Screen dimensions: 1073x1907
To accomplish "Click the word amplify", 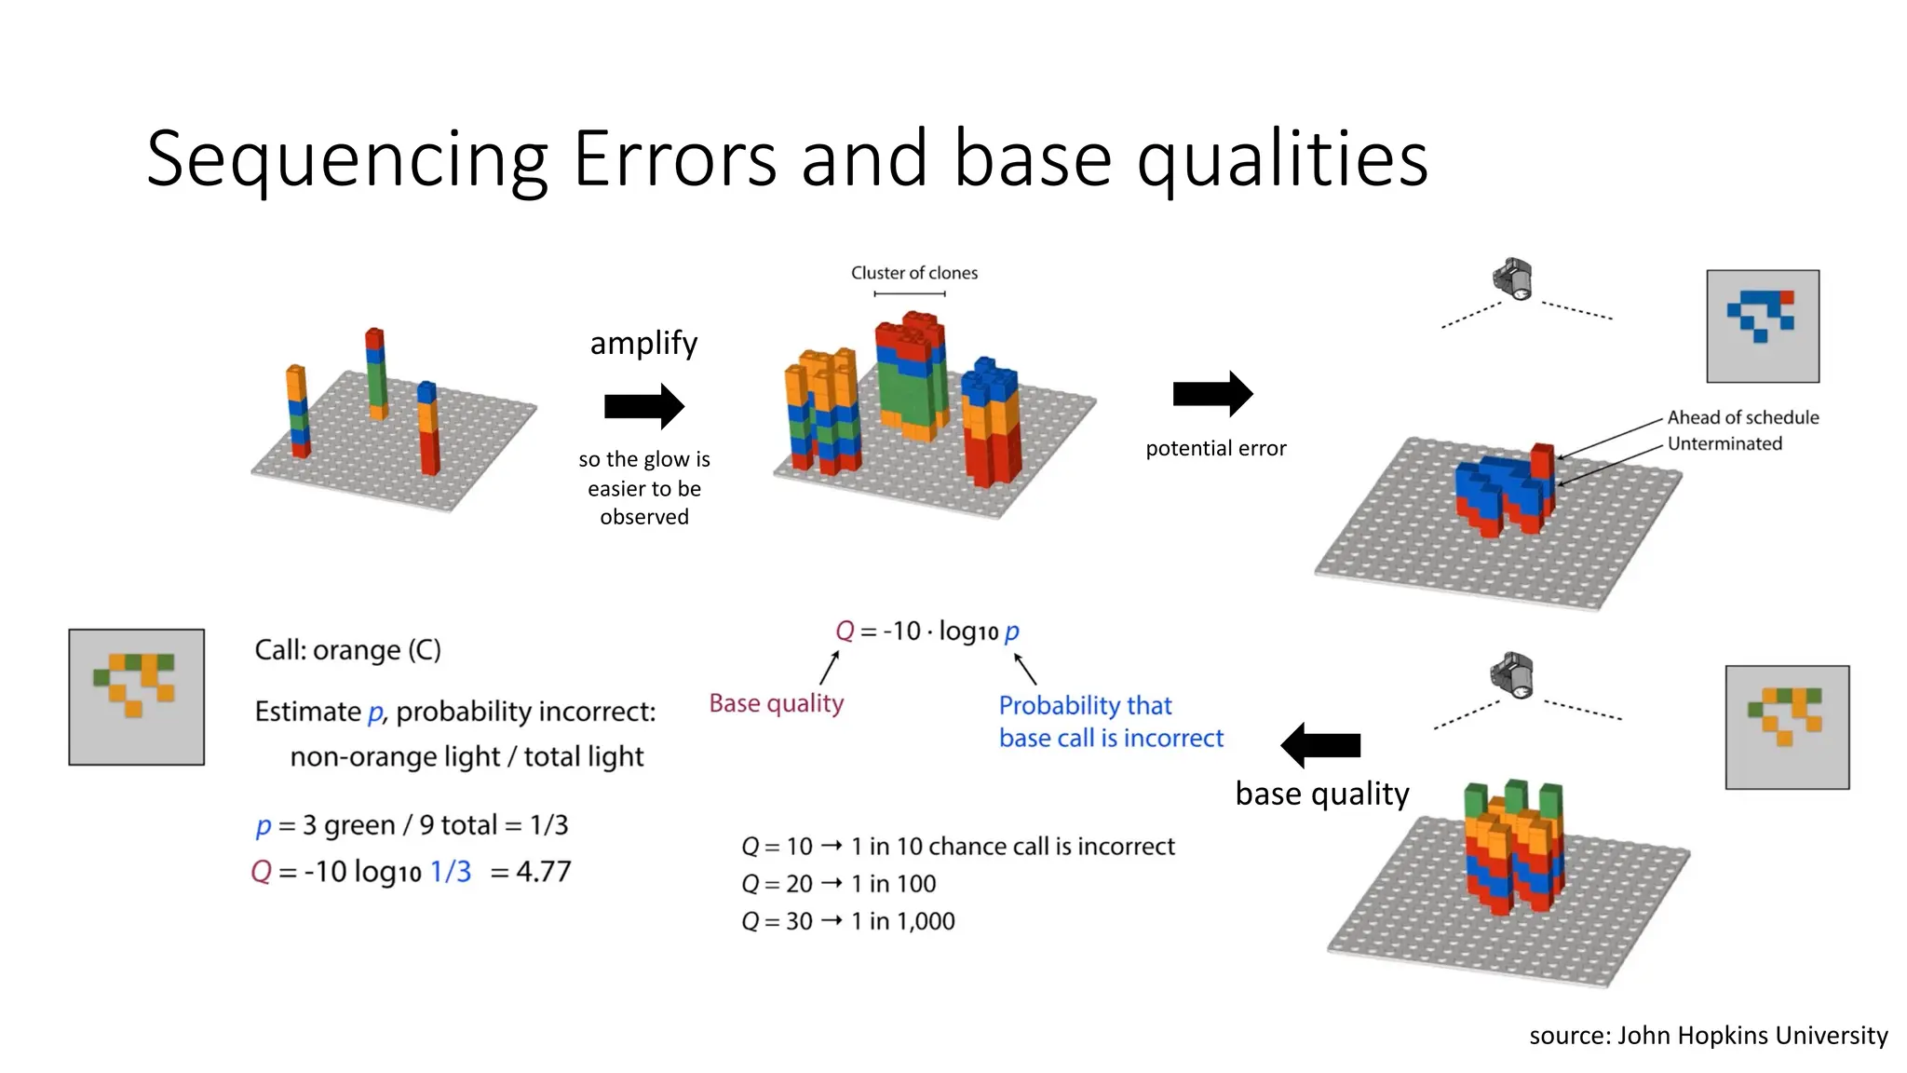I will coord(643,344).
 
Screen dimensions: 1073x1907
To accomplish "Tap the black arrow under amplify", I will coord(644,406).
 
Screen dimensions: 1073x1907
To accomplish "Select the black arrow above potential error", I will coord(1212,394).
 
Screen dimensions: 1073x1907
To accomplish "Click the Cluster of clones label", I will coord(913,273).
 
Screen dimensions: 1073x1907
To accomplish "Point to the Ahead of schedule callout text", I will coord(1742,417).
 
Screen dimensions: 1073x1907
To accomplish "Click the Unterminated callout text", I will coord(1724,443).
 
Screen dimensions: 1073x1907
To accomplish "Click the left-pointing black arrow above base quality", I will coord(1320,745).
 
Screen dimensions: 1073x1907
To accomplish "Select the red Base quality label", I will coord(776,703).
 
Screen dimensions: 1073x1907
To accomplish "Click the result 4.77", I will coord(544,872).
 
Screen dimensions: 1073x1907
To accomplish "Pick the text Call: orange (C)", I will coord(347,649).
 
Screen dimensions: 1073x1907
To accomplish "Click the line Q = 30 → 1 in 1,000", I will coord(847,921).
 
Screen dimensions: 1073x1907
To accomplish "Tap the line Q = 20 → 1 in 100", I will coord(838,884).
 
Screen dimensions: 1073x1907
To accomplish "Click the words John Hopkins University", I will coord(1752,1036).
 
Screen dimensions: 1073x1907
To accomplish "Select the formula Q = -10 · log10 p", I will coord(926,632).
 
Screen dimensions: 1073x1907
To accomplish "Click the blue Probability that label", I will coord(1085,705).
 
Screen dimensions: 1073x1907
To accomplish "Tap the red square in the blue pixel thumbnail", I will coord(1786,298).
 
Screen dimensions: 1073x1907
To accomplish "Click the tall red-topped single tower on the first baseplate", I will coord(375,373).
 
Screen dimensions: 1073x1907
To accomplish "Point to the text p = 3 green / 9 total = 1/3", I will coord(412,825).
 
